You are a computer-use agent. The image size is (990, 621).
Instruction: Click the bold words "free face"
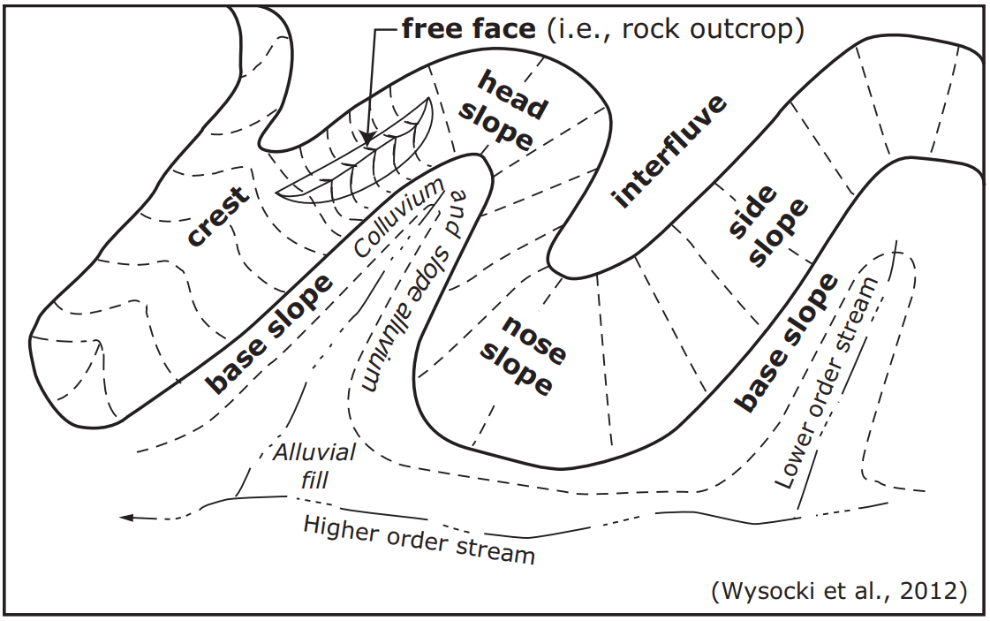(x=468, y=29)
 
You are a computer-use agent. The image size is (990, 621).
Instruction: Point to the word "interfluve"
(x=672, y=151)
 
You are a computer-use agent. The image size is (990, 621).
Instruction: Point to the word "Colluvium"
(x=397, y=217)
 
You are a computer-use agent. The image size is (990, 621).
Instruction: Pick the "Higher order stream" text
(x=419, y=538)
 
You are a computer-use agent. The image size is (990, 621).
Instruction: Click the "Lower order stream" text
(x=828, y=383)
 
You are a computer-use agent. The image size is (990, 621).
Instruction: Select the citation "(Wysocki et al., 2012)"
(x=836, y=591)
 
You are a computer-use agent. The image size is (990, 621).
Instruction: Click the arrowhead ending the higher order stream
(x=127, y=518)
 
